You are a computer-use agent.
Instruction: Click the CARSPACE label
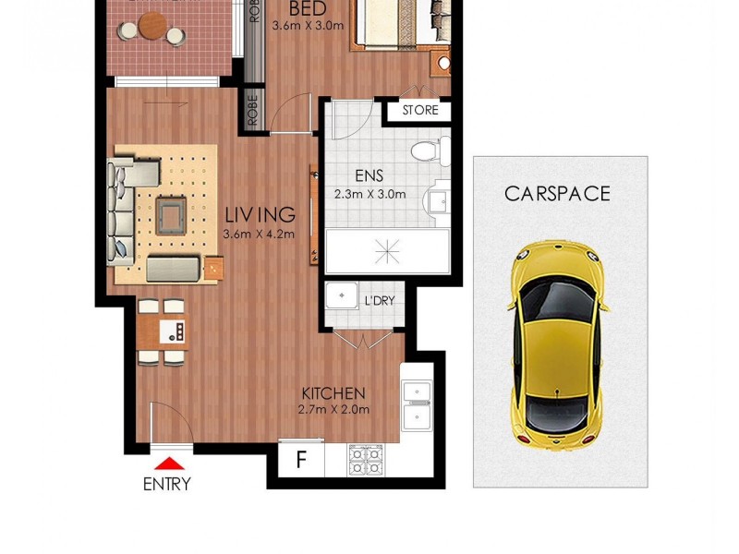557,194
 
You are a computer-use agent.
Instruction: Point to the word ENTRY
167,484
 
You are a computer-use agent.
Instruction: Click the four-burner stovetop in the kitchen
369,459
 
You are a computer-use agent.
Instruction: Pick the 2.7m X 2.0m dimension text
333,410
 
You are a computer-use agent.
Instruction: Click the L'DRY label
379,301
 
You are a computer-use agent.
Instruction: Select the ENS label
369,175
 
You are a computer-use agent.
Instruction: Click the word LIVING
260,215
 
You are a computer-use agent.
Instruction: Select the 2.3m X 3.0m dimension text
369,194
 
